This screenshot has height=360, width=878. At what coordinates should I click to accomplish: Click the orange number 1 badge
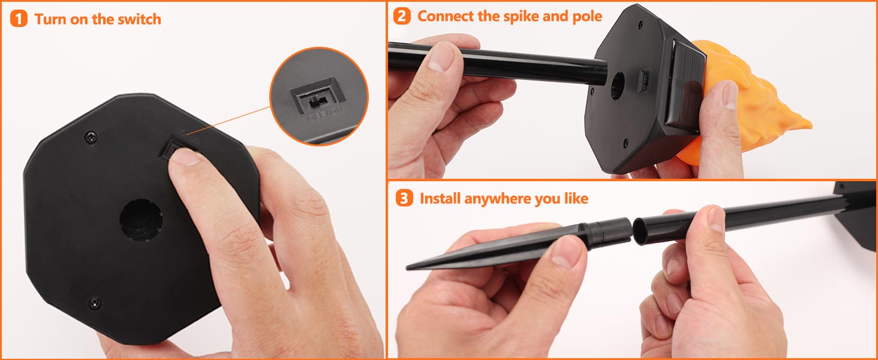click(19, 19)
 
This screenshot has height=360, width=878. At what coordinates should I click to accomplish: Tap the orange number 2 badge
click(402, 16)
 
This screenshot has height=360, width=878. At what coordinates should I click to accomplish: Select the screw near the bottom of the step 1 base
click(94, 303)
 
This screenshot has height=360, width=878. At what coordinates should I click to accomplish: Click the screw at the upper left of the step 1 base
click(91, 137)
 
